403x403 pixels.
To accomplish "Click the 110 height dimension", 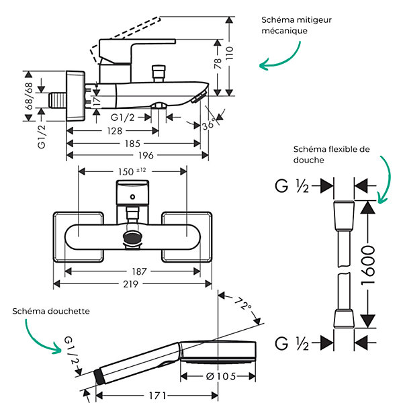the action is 229,53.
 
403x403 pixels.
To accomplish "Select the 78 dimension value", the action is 218,64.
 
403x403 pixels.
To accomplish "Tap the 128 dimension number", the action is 114,131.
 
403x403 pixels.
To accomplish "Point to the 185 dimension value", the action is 132,144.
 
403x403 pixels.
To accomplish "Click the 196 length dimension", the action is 146,155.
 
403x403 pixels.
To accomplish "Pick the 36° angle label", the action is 209,125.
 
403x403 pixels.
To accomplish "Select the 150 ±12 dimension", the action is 132,171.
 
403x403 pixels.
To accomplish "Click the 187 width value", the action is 139,271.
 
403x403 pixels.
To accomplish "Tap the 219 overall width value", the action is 130,284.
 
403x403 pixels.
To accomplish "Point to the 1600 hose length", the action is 368,265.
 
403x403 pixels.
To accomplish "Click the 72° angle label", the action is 243,304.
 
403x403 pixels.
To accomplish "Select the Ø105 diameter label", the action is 221,377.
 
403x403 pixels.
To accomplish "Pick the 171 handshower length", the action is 158,396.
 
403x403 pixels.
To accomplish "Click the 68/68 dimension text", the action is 29,96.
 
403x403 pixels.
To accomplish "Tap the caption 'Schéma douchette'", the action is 51,311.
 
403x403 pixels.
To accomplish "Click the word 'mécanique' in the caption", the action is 284,31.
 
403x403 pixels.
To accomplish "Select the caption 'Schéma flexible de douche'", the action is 332,154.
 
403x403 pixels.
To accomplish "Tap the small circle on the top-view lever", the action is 132,197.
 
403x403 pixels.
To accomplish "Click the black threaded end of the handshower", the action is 99,377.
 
